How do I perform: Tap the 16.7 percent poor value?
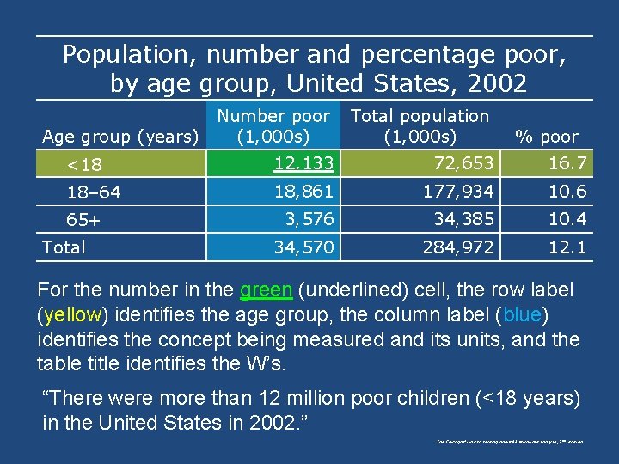click(x=568, y=162)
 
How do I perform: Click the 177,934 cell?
click(x=458, y=191)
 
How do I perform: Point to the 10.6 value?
click(x=568, y=191)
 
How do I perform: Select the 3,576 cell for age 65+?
click(x=309, y=219)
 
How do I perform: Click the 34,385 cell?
click(x=463, y=219)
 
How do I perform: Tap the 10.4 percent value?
click(x=568, y=219)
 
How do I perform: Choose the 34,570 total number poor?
click(x=303, y=247)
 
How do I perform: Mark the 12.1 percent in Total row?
click(x=568, y=247)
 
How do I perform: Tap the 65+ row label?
click(x=84, y=220)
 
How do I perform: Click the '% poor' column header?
click(x=546, y=137)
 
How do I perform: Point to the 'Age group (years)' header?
click(x=120, y=137)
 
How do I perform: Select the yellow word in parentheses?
click(x=70, y=315)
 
